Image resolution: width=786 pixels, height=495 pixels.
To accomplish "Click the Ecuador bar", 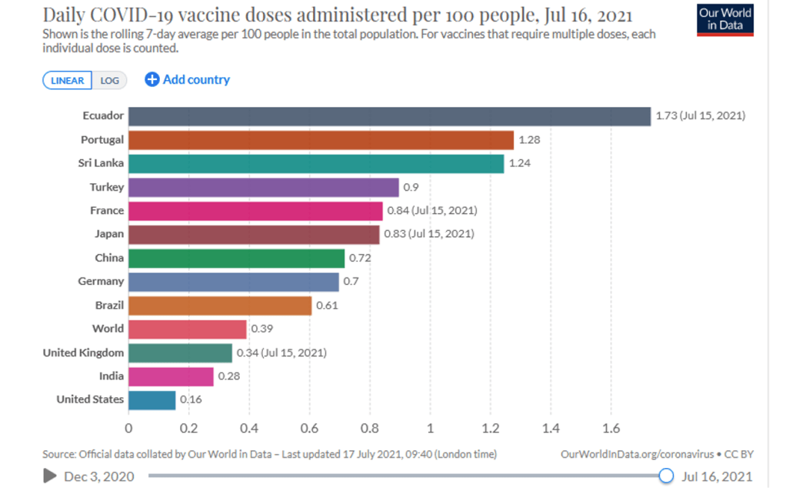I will coord(389,116).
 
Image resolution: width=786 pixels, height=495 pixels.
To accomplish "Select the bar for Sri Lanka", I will coord(316,163).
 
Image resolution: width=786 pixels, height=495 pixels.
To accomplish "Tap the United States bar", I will coord(152,400).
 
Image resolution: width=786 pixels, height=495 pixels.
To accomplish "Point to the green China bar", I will coord(236,258).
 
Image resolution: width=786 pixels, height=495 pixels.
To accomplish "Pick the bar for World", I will coord(187,329).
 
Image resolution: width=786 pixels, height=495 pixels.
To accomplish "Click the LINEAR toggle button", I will coord(68,80).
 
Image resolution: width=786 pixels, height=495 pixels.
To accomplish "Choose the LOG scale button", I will coord(109,80).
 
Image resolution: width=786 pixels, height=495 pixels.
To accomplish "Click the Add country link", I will coord(188,79).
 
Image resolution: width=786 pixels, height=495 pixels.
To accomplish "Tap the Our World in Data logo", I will coord(725,20).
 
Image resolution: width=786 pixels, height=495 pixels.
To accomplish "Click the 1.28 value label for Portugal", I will coord(530,140).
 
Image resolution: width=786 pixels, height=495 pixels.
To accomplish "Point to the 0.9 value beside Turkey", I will coord(411,187).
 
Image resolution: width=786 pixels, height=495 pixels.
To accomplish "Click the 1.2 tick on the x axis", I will coord(490,428).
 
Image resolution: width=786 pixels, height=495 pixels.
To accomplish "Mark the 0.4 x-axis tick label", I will coord(248,428).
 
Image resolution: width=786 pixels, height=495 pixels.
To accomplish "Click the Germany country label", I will coord(101,282).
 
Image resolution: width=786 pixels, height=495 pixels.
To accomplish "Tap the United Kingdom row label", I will coord(83,353).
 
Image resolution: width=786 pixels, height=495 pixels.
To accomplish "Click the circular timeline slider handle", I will coord(666,476).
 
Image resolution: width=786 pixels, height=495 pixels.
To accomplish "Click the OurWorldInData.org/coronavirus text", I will coord(628,453).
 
